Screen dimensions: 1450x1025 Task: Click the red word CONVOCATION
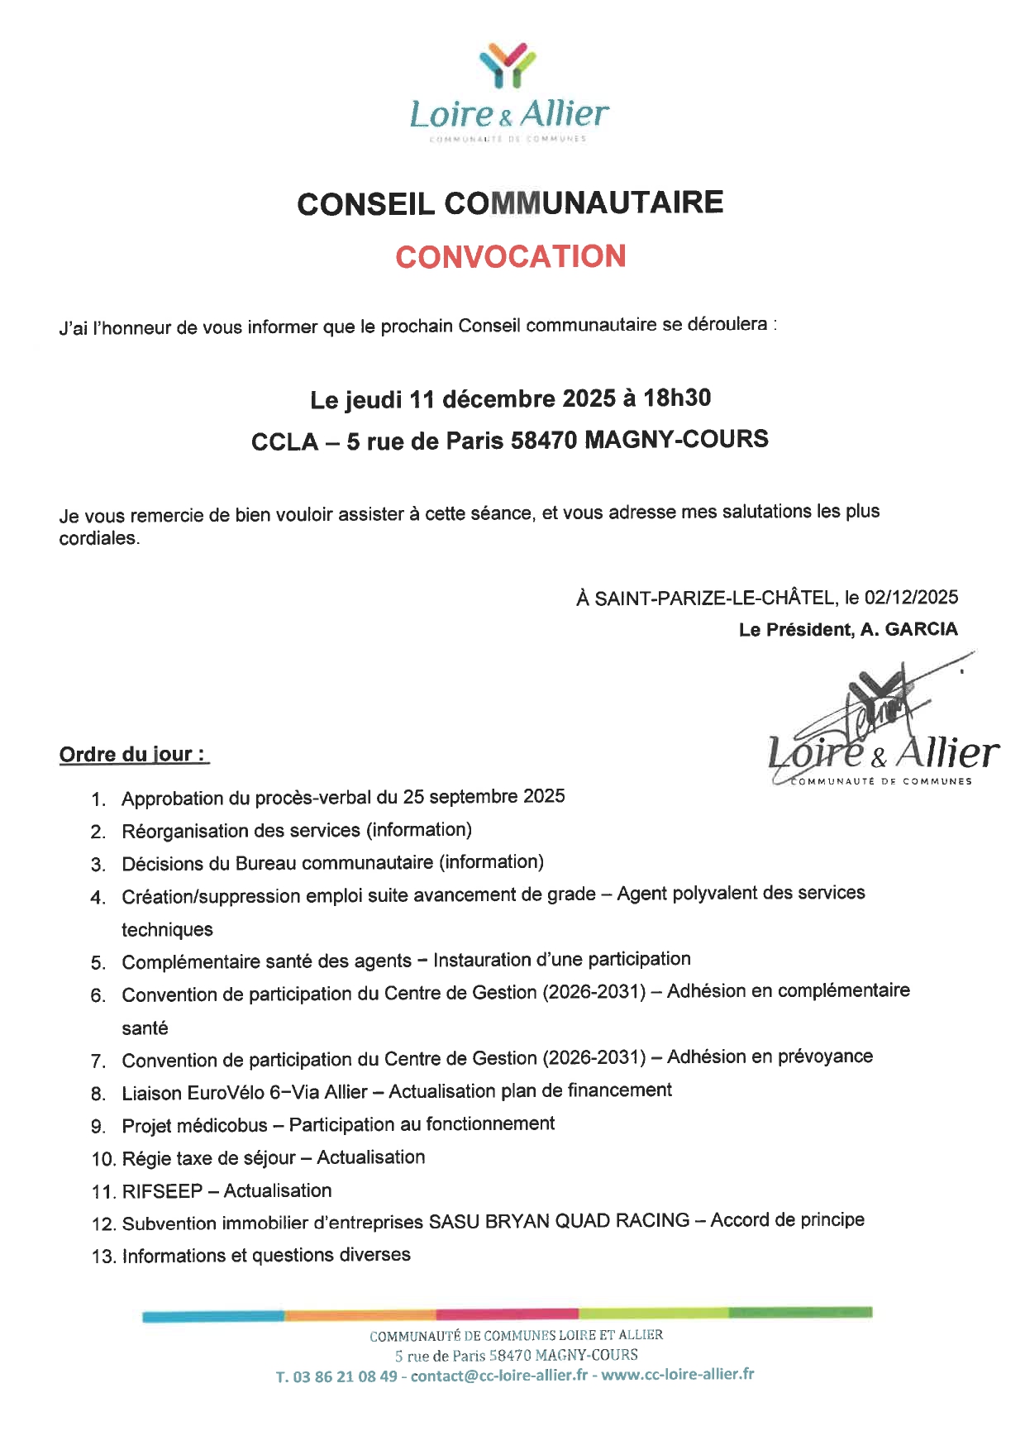[x=510, y=256]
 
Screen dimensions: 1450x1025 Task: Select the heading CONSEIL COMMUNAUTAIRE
[x=510, y=203]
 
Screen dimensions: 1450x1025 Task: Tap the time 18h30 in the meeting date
[x=677, y=398]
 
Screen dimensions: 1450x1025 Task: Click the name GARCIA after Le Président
[x=921, y=629]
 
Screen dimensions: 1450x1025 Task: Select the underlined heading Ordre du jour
[x=132, y=754]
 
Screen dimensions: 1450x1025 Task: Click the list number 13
[x=103, y=1257]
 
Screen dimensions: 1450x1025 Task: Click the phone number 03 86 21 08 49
[x=345, y=1376]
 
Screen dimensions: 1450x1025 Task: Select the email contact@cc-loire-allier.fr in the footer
[x=499, y=1376]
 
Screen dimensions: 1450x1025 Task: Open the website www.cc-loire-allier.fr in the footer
[x=677, y=1374]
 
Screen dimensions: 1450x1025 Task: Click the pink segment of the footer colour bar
[x=507, y=1314]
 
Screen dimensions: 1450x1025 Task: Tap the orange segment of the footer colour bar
[x=360, y=1314]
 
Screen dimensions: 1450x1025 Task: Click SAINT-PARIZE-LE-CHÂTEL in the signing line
[x=715, y=598]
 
